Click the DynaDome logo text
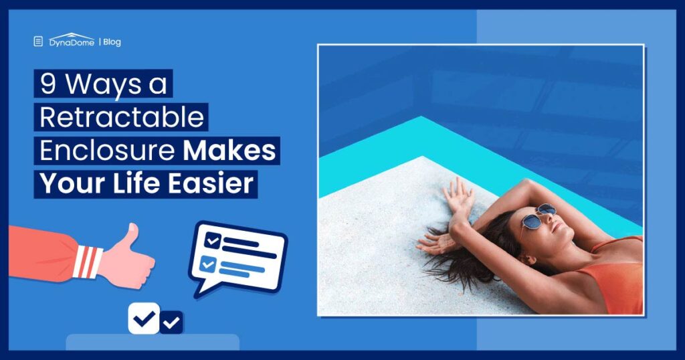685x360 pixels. [72, 41]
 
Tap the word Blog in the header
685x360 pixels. [112, 42]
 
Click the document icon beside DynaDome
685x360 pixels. [38, 41]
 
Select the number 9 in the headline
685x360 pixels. [48, 85]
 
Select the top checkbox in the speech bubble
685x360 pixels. [213, 240]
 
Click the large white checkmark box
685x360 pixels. [144, 319]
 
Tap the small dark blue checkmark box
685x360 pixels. [172, 323]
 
